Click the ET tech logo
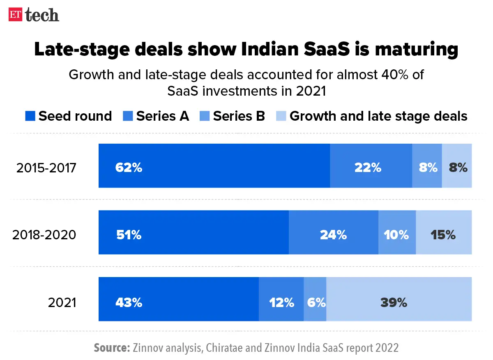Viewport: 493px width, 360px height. tap(34, 15)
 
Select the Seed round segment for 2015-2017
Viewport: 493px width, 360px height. tap(214, 166)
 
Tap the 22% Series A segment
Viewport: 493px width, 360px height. tap(371, 166)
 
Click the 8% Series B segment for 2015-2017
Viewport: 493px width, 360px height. tap(427, 166)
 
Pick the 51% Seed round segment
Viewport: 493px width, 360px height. tap(194, 232)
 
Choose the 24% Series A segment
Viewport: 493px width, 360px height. tap(334, 232)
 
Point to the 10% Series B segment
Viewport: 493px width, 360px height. tap(397, 232)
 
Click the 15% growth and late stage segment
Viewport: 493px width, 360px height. tap(444, 232)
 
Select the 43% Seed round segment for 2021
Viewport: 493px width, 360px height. tap(179, 299)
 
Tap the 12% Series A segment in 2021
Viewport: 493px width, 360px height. tap(281, 299)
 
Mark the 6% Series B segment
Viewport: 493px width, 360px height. tap(315, 299)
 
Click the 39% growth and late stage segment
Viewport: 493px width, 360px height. tap(399, 299)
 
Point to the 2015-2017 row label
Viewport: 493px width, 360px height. tap(46, 168)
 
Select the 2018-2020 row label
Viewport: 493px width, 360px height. tap(44, 235)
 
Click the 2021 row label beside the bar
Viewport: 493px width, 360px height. tap(62, 303)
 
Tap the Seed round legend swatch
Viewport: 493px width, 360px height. tap(30, 116)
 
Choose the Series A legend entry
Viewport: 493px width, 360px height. tap(156, 116)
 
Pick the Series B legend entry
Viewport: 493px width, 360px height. tap(233, 116)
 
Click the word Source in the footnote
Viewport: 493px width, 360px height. tap(112, 348)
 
